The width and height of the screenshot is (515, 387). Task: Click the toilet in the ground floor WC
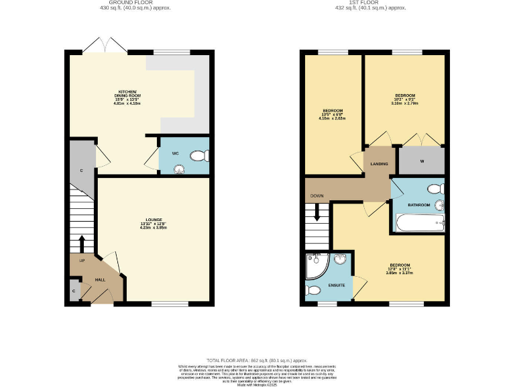(x=198, y=157)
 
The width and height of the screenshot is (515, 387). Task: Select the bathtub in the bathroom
(x=418, y=222)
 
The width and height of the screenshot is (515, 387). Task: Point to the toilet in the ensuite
(x=315, y=292)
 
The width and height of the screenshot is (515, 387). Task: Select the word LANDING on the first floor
(x=376, y=164)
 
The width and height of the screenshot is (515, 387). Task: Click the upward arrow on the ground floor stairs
(x=82, y=243)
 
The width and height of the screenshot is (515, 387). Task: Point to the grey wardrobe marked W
(x=421, y=161)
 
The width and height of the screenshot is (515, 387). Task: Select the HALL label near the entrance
(x=99, y=279)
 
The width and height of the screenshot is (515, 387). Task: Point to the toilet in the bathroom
(x=434, y=189)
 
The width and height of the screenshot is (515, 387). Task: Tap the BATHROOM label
(x=419, y=204)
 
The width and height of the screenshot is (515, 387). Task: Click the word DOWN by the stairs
(x=317, y=196)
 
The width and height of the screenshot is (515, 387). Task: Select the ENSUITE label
(x=337, y=286)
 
